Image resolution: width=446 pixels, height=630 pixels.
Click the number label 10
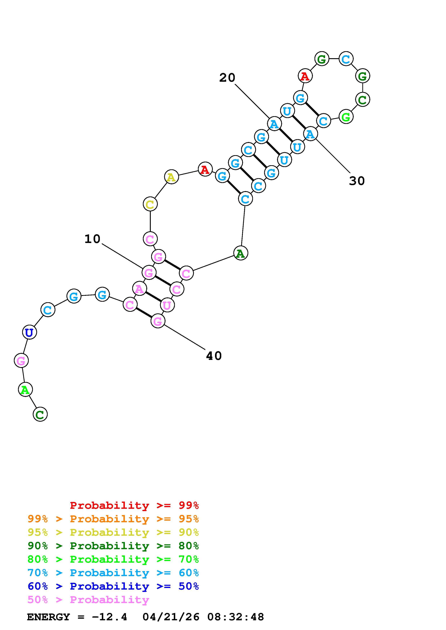92,239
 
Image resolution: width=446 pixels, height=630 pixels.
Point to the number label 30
357,181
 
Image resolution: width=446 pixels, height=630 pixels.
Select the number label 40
214,356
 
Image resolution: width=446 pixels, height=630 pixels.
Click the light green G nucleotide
346,117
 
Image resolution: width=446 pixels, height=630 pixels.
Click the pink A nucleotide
139,289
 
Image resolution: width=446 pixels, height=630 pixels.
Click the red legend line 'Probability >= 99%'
134,505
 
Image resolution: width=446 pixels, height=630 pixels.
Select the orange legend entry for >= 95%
113,519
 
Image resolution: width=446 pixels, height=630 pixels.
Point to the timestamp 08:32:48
236,617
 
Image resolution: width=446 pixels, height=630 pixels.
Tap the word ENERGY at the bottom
48,617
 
